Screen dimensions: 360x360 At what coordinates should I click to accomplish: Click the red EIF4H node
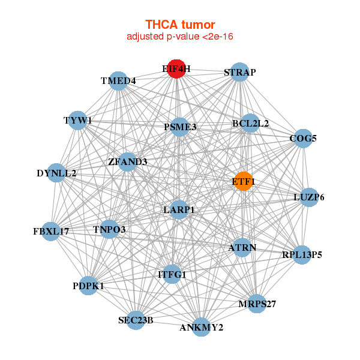[x=176, y=69]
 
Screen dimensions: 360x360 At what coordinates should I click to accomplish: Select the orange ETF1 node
[x=244, y=181]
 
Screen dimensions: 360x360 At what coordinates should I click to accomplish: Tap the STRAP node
[x=239, y=72]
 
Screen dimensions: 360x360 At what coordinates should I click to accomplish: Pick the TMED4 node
[x=118, y=81]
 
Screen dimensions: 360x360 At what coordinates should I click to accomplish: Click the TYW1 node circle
[x=77, y=121]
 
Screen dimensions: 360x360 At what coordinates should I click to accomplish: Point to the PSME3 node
[x=179, y=127]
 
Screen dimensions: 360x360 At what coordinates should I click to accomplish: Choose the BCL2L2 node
[x=250, y=123]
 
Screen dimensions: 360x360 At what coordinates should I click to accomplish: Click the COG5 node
[x=303, y=139]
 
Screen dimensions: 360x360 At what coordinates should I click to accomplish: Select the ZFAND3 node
[x=127, y=162]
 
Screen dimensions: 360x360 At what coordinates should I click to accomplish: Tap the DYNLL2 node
[x=56, y=173]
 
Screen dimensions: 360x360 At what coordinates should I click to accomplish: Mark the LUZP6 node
[x=309, y=197]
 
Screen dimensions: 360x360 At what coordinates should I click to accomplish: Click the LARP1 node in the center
[x=179, y=209]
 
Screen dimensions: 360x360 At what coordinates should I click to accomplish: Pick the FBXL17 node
[x=51, y=232]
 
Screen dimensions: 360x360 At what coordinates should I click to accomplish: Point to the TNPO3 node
[x=109, y=229]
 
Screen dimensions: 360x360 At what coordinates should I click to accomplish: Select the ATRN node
[x=242, y=247]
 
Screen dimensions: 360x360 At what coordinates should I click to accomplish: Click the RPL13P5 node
[x=302, y=255]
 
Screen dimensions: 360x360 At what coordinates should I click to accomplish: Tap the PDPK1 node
[x=88, y=286]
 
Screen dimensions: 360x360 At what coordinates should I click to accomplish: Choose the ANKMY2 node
[x=201, y=327]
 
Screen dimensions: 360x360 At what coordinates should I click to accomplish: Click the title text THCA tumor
[x=180, y=25]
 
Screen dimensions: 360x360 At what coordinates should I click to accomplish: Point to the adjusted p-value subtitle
[x=180, y=37]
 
